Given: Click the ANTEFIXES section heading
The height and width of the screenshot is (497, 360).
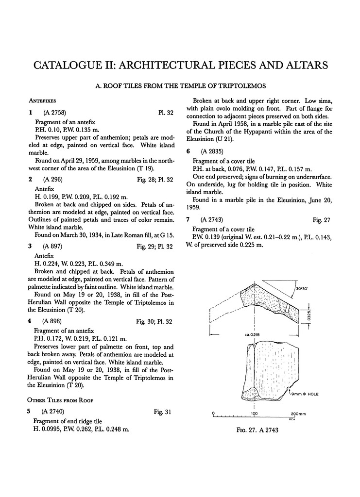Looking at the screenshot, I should point(42,100).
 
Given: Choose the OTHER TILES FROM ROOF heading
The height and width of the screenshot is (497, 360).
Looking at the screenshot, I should point(61,400).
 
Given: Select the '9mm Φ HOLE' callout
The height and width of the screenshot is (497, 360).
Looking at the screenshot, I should point(309,395).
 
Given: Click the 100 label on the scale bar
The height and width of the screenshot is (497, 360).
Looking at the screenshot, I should point(254,413).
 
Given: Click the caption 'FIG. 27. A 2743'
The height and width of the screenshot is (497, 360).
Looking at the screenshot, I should point(257,430).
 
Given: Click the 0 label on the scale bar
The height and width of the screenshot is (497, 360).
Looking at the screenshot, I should point(214,413).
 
